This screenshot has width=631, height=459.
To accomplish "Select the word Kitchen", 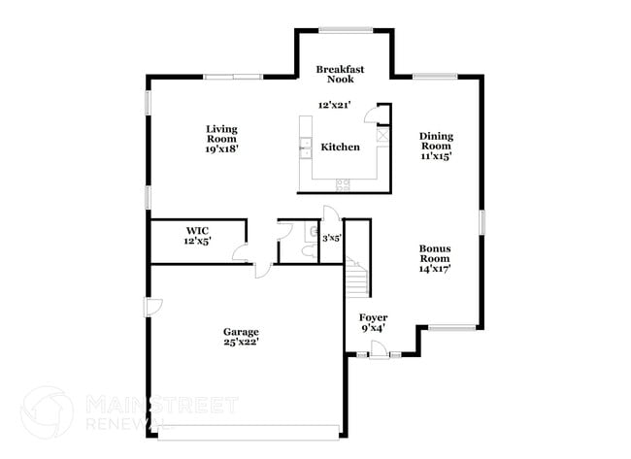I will pyautogui.click(x=341, y=148).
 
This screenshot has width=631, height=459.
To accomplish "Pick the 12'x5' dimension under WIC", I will pyautogui.click(x=197, y=241).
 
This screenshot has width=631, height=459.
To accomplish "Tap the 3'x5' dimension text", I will pyautogui.click(x=331, y=237).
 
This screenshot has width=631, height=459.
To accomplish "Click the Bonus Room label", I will pyautogui.click(x=434, y=253).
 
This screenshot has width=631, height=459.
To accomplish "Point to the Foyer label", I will pyautogui.click(x=374, y=317).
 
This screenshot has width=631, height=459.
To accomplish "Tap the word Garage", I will pyautogui.click(x=241, y=332).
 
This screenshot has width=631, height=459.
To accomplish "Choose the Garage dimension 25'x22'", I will pyautogui.click(x=241, y=343).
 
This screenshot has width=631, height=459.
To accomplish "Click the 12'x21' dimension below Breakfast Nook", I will pyautogui.click(x=334, y=105).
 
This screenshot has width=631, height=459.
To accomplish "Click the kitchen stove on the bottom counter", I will pyautogui.click(x=343, y=184).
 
